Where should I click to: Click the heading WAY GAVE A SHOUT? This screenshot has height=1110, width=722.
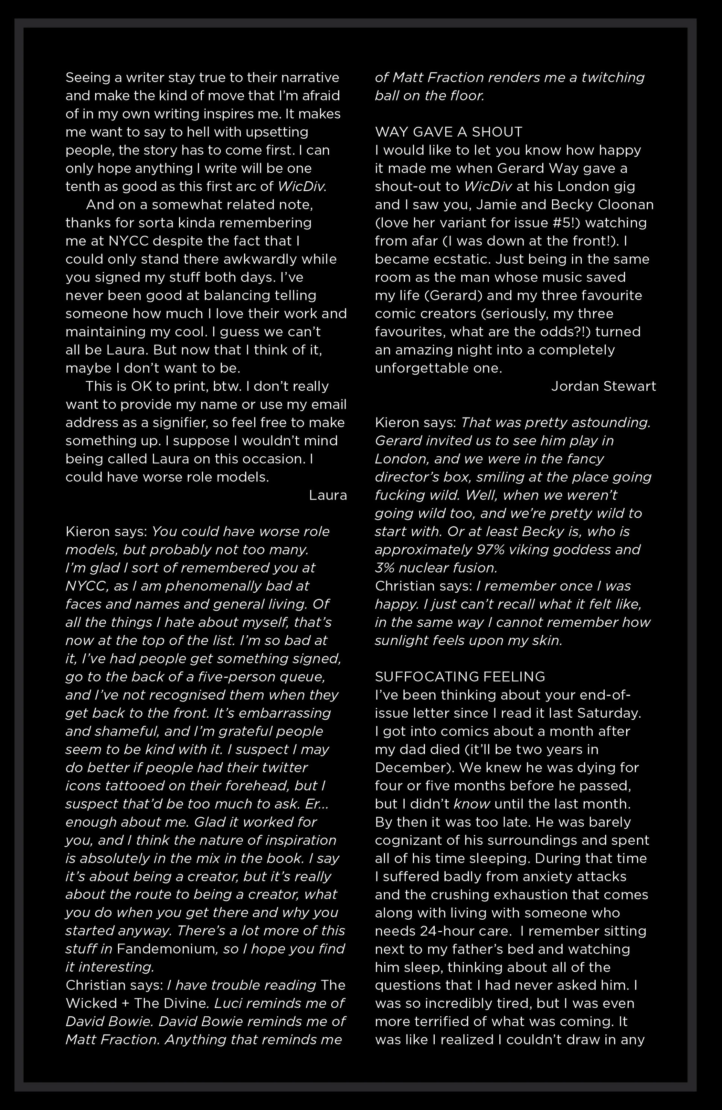pyautogui.click(x=448, y=132)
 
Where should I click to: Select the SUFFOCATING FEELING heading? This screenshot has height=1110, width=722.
pyautogui.click(x=460, y=677)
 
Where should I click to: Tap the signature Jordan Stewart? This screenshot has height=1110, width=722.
pyautogui.click(x=603, y=386)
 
